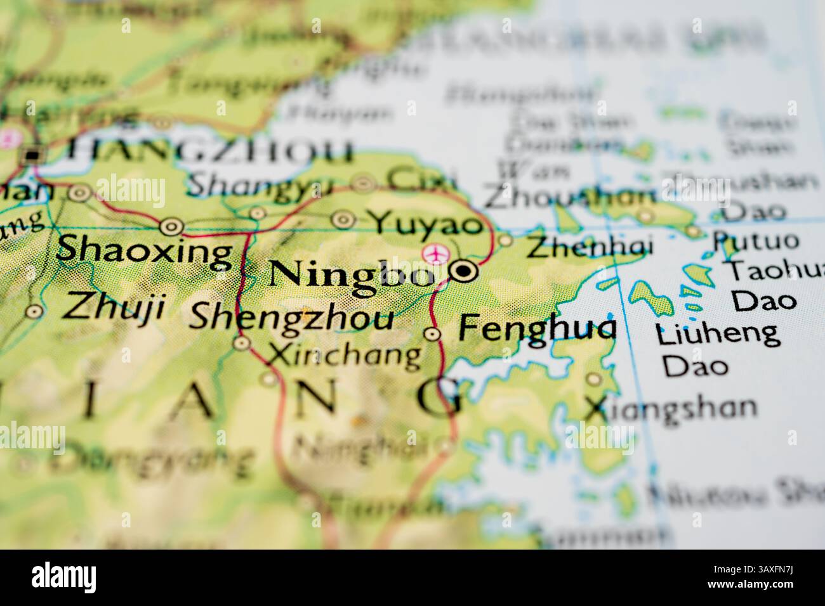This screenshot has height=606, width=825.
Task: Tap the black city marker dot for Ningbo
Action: coord(465,271)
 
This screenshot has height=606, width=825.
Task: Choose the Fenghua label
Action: coord(536,329)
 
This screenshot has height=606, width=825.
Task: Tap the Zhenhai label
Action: coord(590,247)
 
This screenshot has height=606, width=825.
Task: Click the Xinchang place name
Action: coord(344,356)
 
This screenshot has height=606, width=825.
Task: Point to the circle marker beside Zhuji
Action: coord(34,311)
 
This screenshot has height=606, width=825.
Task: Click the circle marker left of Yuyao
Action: coord(344,220)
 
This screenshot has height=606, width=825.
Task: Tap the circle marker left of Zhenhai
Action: coord(505,240)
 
